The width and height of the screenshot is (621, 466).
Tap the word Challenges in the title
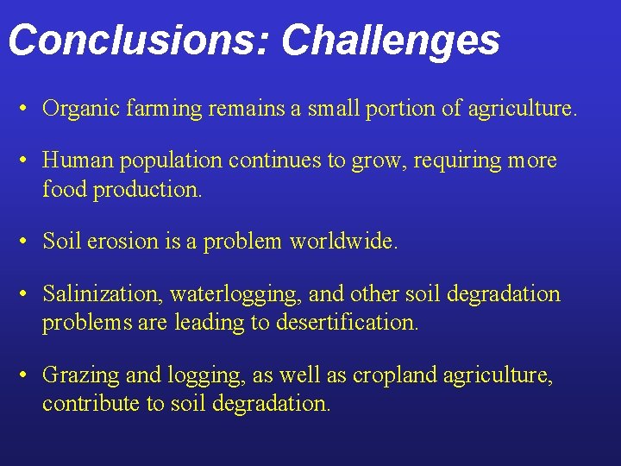tap(390, 40)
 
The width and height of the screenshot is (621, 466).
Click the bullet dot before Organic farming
tap(27, 110)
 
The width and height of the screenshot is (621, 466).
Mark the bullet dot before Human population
tap(27, 161)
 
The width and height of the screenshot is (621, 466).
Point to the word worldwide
tap(343, 242)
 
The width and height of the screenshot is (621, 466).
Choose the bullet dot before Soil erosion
tap(27, 242)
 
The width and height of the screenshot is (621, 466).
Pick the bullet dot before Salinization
tap(27, 295)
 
